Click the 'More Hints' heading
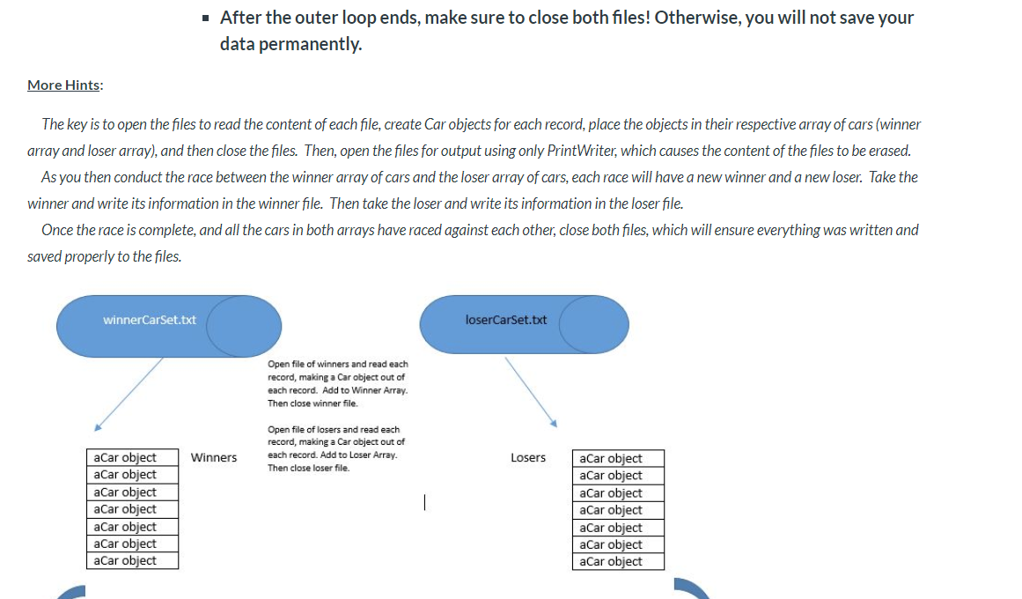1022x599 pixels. (x=63, y=85)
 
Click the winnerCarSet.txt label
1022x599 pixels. (x=150, y=320)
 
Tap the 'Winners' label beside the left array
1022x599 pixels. (x=214, y=457)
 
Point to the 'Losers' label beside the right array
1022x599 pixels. (x=528, y=457)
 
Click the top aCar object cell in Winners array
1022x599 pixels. (x=134, y=457)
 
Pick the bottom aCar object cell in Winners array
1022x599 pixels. (x=134, y=561)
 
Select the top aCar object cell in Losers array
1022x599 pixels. (x=620, y=458)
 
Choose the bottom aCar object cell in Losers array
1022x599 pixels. (x=620, y=562)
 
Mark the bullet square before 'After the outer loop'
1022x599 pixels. (x=205, y=18)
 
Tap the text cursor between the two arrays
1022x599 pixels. (x=424, y=503)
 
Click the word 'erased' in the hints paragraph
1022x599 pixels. (x=888, y=151)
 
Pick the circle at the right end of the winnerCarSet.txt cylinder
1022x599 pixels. (x=244, y=326)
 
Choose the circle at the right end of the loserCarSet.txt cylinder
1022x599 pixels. (x=594, y=324)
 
